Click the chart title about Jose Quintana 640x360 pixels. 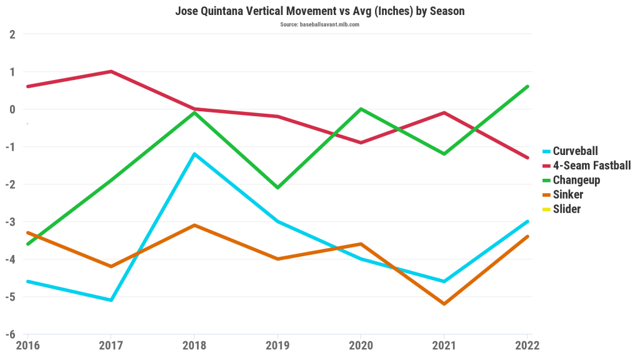[319, 11]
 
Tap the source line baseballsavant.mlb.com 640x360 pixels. [319, 24]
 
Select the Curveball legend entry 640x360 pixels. [575, 151]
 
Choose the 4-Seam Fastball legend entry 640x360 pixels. [591, 165]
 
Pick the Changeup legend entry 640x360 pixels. [576, 180]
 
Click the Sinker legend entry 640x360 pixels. [567, 194]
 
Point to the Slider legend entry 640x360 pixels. [566, 209]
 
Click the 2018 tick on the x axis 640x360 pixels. [194, 345]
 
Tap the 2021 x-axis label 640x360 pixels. [444, 345]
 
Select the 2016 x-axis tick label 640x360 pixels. [27, 345]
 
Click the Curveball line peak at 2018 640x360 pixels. [194, 154]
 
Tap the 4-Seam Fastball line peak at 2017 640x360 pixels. [111, 71]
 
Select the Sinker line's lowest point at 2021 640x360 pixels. [444, 304]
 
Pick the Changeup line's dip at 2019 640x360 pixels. [277, 187]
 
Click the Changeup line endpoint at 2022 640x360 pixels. [527, 86]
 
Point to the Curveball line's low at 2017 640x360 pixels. [111, 300]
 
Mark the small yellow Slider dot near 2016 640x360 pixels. [27, 124]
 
